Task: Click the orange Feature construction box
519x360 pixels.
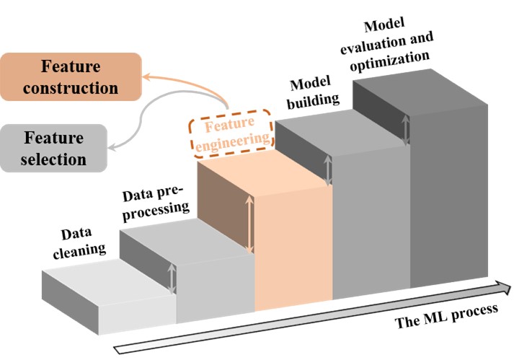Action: [70, 78]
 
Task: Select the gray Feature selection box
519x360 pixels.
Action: [53, 148]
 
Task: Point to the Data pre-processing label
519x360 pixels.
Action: [156, 203]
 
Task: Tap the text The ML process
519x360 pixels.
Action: [447, 315]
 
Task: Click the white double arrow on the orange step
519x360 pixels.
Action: [249, 227]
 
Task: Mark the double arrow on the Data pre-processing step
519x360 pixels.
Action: [172, 278]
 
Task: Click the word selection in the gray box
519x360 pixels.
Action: [53, 159]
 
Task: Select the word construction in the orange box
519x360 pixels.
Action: [70, 88]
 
